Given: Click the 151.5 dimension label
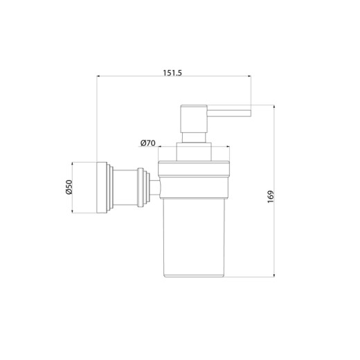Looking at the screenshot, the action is [x=172, y=73].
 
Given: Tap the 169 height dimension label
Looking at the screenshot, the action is [x=271, y=197].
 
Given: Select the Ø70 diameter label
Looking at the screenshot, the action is [x=147, y=143].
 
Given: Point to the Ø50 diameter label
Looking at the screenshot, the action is [x=69, y=187].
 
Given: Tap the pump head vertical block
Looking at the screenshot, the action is [x=194, y=119].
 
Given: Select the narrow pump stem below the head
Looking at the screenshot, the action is [x=194, y=138].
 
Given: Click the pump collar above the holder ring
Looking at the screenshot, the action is [x=194, y=152].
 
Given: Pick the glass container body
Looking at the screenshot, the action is [x=194, y=237].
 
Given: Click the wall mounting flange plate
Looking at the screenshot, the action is [x=102, y=188].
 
